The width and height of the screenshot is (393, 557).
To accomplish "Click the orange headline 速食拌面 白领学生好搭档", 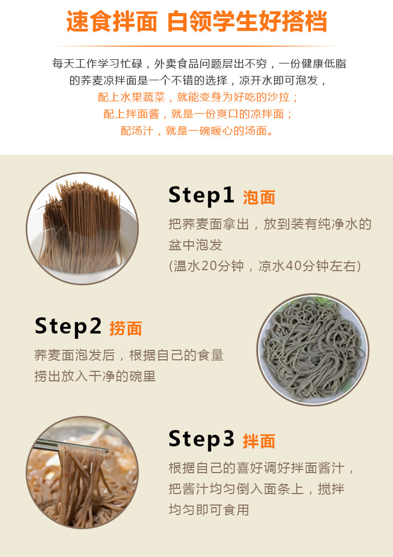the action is [x=196, y=22].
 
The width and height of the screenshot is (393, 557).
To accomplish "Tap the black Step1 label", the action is [x=201, y=196].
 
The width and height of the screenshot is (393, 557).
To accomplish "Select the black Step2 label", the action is [x=68, y=327].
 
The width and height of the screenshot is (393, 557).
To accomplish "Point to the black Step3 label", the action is [x=201, y=440].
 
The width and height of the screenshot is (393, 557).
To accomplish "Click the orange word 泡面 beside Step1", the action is [x=259, y=198].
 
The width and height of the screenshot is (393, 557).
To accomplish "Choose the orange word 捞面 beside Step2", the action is [x=125, y=329].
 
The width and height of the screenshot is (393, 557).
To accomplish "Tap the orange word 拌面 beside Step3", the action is [x=259, y=441].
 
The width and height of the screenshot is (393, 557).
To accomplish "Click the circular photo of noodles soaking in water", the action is [x=82, y=228].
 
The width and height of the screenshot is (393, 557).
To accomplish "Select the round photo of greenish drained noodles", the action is [x=313, y=350].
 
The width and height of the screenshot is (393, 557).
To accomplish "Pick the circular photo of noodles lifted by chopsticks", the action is [x=82, y=472].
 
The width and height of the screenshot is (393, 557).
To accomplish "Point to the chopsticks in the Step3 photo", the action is [x=71, y=445].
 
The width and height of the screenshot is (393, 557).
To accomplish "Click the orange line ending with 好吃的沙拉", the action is [x=198, y=98].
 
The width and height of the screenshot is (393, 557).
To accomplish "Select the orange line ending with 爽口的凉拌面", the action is [x=198, y=114].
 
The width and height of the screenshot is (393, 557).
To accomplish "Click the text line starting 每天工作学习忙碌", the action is [x=199, y=64].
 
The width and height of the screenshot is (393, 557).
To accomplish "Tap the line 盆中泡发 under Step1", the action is [x=195, y=245].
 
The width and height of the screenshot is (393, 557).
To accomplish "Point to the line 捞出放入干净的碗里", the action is [x=95, y=376].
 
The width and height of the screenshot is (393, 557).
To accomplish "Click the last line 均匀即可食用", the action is [x=209, y=510].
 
